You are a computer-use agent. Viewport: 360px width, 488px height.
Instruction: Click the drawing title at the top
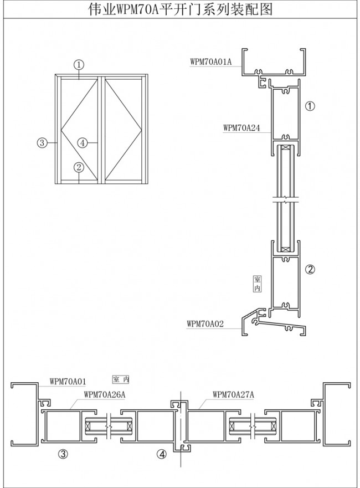click(x=180, y=9)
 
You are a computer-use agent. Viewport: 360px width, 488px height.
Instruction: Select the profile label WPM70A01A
click(x=211, y=61)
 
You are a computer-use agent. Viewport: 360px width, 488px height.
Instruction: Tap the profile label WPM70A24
click(x=241, y=127)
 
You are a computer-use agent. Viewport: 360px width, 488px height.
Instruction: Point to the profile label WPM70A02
click(x=205, y=323)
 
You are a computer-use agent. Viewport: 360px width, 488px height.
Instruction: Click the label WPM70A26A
click(x=105, y=394)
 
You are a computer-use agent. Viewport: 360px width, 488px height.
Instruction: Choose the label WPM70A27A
click(x=233, y=394)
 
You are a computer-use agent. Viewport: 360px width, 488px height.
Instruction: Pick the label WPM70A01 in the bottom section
click(x=68, y=381)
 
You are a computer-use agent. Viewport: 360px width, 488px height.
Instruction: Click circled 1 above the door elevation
click(x=79, y=65)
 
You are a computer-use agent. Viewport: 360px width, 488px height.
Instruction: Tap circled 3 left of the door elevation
click(x=42, y=143)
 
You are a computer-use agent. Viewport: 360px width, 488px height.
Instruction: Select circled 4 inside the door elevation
click(x=82, y=143)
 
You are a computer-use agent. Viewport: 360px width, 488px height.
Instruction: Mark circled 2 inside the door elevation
click(x=79, y=167)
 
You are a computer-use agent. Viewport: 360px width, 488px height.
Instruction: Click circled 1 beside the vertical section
click(x=310, y=106)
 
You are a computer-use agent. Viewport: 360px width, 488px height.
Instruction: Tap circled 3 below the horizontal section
click(x=63, y=454)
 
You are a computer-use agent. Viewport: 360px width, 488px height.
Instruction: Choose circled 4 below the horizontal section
click(x=162, y=454)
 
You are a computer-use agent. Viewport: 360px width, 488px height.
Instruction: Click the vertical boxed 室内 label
click(x=258, y=284)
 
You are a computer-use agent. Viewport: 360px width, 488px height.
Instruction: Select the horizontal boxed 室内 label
click(x=120, y=379)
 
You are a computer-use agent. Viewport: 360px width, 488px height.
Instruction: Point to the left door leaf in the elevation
click(x=79, y=129)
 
